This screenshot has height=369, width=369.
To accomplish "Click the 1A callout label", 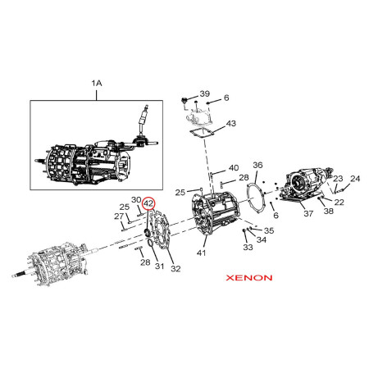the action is [97, 83].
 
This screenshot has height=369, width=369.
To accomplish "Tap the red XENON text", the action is [249, 278].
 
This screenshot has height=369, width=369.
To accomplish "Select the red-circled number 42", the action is [149, 203].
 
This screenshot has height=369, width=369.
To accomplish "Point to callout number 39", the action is [205, 93].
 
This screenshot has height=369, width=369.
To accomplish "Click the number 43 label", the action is [230, 124].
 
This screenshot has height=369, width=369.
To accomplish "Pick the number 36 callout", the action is [257, 165].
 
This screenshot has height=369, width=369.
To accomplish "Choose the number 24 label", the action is [355, 179].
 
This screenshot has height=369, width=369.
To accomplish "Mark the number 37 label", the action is [308, 213].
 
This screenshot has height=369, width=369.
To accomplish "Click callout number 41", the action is [201, 253].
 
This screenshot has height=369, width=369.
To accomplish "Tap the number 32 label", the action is [175, 269].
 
